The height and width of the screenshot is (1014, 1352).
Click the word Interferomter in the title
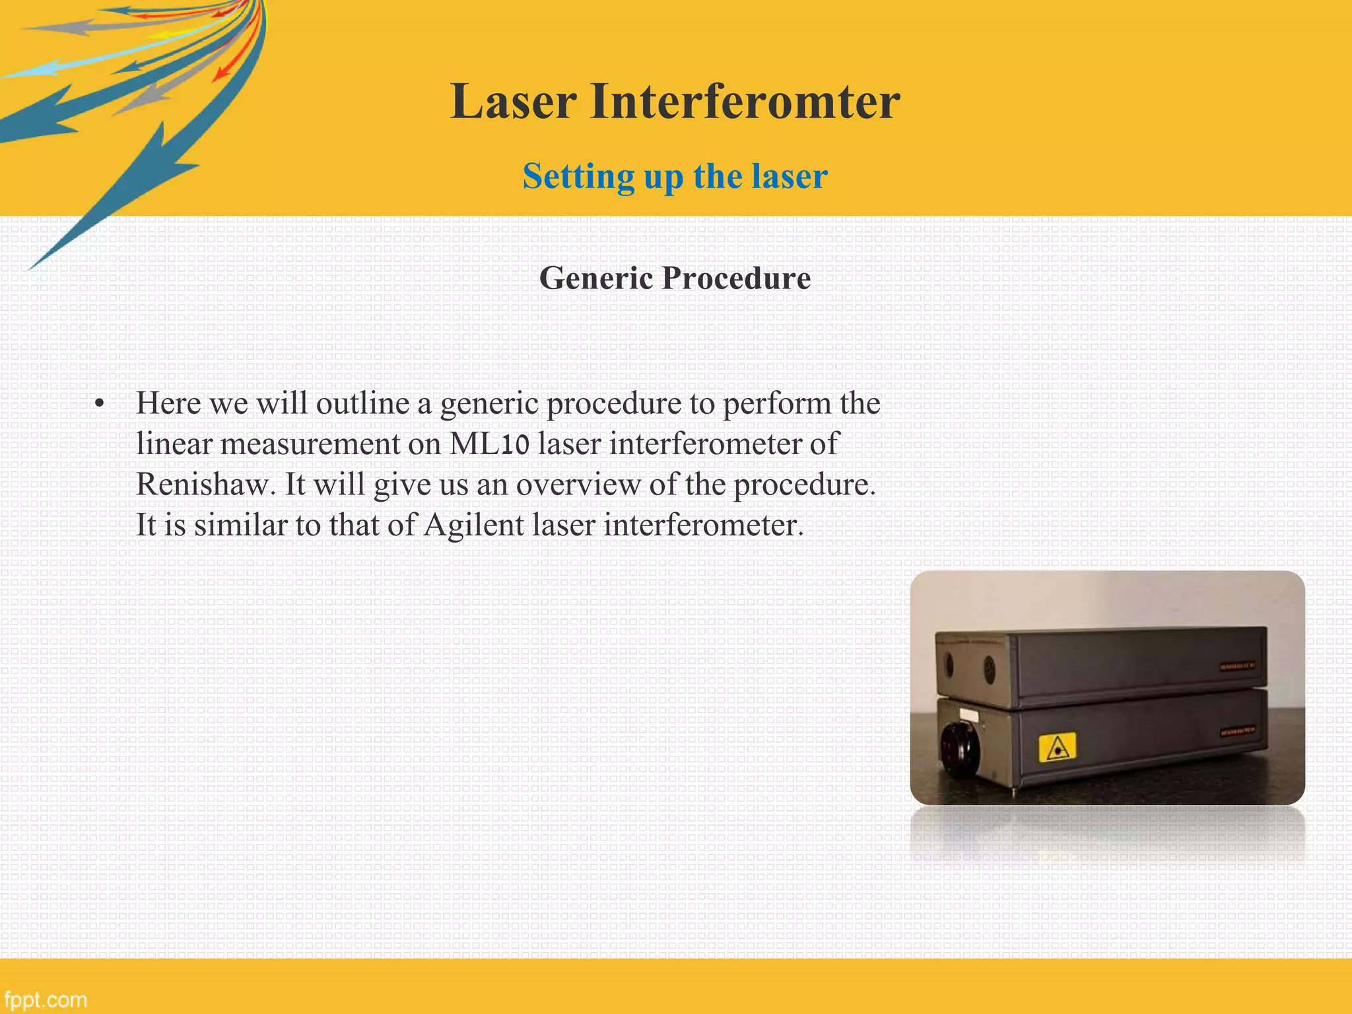coord(745,102)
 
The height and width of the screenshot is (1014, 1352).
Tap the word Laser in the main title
coord(514,102)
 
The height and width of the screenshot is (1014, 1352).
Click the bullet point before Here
coord(100,405)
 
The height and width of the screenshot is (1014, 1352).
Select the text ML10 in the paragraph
coord(489,444)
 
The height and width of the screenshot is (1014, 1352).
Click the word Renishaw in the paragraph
coord(205,485)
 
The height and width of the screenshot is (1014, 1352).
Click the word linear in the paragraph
coord(174,444)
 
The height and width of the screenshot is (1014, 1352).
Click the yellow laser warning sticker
coord(1057,747)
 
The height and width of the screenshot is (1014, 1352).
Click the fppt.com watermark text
coord(45,999)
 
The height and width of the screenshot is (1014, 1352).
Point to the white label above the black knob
coord(968,714)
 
